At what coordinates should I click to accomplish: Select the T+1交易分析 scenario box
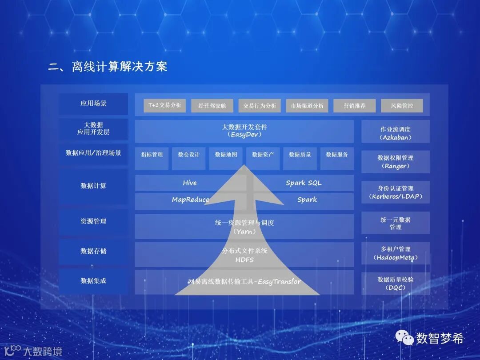point(164,106)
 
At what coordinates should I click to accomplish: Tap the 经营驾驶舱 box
point(212,106)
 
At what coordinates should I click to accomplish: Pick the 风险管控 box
point(402,106)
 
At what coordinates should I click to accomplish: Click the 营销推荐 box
point(354,106)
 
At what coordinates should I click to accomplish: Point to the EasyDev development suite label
point(244,131)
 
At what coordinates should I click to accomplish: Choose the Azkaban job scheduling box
point(395,133)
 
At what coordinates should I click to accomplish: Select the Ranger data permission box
point(395,162)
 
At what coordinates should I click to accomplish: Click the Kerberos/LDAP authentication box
point(395,192)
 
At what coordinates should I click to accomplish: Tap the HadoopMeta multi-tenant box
point(395,253)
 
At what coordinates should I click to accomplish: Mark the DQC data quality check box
point(395,284)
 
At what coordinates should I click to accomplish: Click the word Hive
point(189,183)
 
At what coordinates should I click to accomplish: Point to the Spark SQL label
point(304,183)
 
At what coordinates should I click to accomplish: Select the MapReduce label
point(190,200)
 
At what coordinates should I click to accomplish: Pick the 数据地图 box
point(226,155)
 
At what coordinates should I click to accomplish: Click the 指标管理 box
point(152,155)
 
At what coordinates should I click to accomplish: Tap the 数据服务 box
point(337,155)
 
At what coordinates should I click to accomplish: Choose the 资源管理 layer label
point(93,221)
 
